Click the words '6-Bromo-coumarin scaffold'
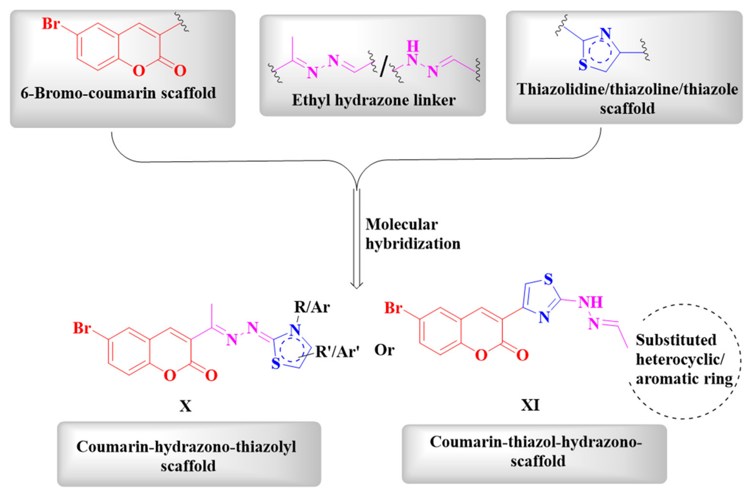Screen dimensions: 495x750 pyautogui.click(x=118, y=93)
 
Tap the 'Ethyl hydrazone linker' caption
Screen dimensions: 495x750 pyautogui.click(x=374, y=100)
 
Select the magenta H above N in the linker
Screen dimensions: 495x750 pyautogui.click(x=412, y=47)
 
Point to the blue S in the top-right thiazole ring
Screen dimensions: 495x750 pyautogui.click(x=583, y=65)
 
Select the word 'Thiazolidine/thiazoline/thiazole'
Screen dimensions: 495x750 pyautogui.click(x=627, y=89)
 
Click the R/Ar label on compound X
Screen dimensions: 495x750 pyautogui.click(x=312, y=307)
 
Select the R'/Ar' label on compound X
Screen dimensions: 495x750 pyautogui.click(x=337, y=352)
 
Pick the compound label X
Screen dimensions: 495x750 pyautogui.click(x=186, y=406)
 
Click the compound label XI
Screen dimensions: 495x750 pyautogui.click(x=530, y=405)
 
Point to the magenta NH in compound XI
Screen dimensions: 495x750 pyautogui.click(x=590, y=302)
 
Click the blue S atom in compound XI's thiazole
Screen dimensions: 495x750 pyautogui.click(x=548, y=279)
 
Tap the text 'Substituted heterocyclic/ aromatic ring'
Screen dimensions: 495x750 pyautogui.click(x=683, y=360)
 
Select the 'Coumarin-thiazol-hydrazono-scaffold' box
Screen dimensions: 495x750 pyautogui.click(x=534, y=451)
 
